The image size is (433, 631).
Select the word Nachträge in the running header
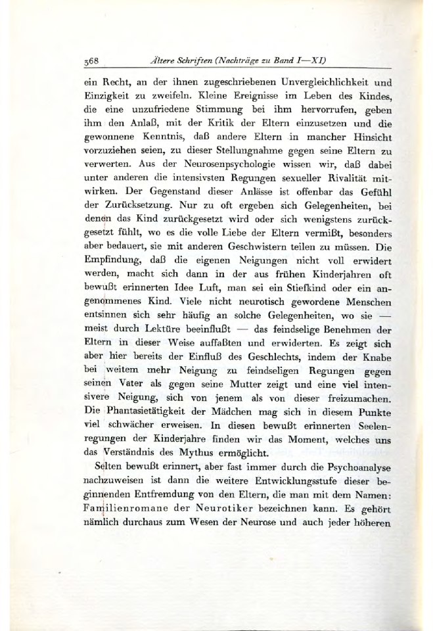pyautogui.click(x=245, y=60)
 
